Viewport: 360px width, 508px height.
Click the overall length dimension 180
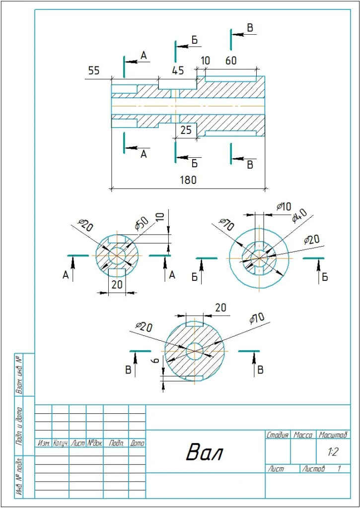point(188,180)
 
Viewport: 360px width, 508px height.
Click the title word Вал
point(205,452)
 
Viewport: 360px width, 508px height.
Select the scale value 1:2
point(333,452)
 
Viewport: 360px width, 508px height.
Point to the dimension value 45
point(178,70)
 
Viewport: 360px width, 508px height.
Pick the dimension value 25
point(186,130)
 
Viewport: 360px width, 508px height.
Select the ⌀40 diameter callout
point(299,216)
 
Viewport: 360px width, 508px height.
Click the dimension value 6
point(156,361)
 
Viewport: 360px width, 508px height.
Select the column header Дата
point(137,443)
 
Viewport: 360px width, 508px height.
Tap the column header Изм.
point(43,443)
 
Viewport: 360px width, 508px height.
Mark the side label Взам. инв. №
point(19,375)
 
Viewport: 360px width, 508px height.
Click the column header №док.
point(95,443)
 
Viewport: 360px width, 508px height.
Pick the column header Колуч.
point(60,443)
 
